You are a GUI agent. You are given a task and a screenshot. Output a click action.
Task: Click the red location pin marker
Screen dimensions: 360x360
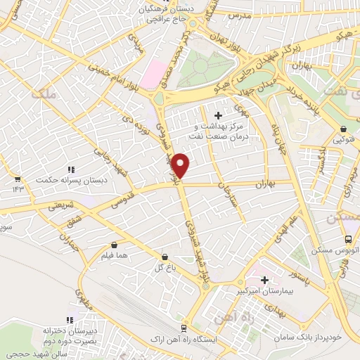pos(181,165)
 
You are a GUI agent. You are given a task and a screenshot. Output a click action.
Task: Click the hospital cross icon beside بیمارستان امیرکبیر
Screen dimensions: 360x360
pos(264,280)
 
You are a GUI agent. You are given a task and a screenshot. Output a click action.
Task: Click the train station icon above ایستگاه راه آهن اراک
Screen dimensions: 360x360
pos(184,328)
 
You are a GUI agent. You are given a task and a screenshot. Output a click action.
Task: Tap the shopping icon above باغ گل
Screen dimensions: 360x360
pos(165,257)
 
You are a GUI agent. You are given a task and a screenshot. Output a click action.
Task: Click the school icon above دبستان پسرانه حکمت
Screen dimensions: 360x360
pos(70,169)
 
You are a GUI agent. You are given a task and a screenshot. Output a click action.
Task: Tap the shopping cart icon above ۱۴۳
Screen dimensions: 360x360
pos(18,179)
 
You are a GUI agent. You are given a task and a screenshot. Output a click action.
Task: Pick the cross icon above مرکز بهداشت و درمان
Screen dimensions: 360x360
pos(217,115)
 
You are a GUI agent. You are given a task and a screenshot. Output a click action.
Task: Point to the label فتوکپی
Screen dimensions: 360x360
pos(343,139)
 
